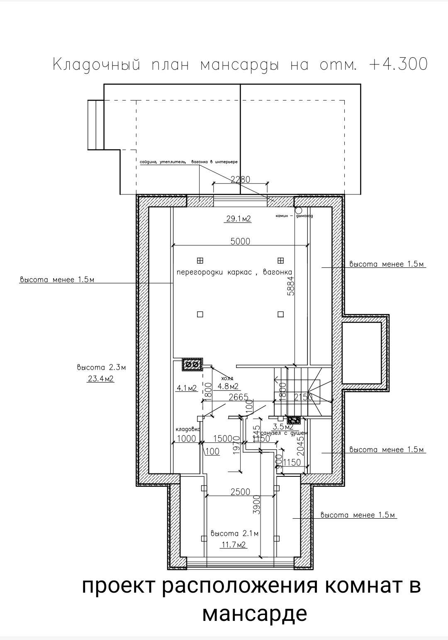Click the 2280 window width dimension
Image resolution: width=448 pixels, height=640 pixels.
point(240,179)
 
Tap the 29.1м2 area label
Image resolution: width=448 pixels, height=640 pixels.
point(239,218)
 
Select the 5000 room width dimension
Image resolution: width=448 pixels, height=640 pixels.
point(240,241)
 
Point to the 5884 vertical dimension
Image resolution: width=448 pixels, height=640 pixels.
point(291,286)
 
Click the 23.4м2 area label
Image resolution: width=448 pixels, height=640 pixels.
point(101,378)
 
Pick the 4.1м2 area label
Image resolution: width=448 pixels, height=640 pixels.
point(187,388)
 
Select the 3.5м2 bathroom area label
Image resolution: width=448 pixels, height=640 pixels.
point(283,427)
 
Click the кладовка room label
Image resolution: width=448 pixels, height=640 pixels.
point(188,429)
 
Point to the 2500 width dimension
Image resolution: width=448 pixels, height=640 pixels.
point(240,492)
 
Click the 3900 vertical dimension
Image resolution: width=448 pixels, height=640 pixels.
point(257,505)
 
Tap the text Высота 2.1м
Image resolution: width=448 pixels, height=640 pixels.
point(234,534)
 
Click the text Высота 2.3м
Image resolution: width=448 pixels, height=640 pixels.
point(101,368)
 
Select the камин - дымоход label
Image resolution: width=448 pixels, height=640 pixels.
point(294,216)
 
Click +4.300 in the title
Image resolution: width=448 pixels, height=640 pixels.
point(397,64)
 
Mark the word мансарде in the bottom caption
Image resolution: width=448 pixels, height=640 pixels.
point(254,613)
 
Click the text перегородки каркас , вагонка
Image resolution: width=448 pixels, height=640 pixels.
point(234,272)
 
